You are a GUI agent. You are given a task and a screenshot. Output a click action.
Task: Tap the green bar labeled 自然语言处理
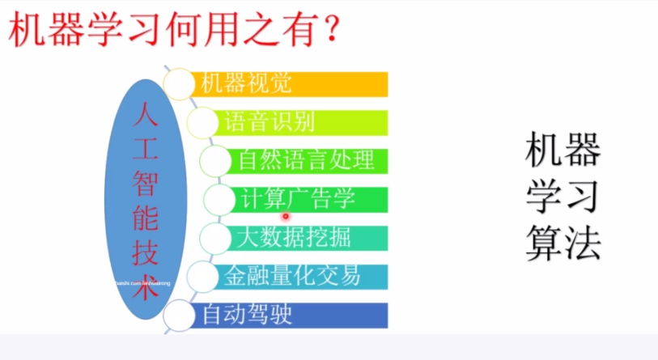click(x=308, y=160)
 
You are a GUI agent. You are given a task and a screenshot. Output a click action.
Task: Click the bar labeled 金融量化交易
click(x=299, y=275)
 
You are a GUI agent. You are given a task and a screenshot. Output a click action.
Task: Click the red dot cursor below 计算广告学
click(x=286, y=216)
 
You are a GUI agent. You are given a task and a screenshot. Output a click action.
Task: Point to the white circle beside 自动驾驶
click(x=179, y=313)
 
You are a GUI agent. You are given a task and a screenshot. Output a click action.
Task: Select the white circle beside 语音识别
click(x=202, y=123)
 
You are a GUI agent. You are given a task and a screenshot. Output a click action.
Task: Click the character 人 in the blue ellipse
click(x=146, y=115)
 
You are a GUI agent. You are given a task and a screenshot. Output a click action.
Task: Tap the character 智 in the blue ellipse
click(x=146, y=186)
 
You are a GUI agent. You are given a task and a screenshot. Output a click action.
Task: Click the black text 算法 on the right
click(x=562, y=242)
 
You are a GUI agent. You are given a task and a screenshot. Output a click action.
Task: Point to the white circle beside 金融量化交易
click(x=202, y=276)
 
